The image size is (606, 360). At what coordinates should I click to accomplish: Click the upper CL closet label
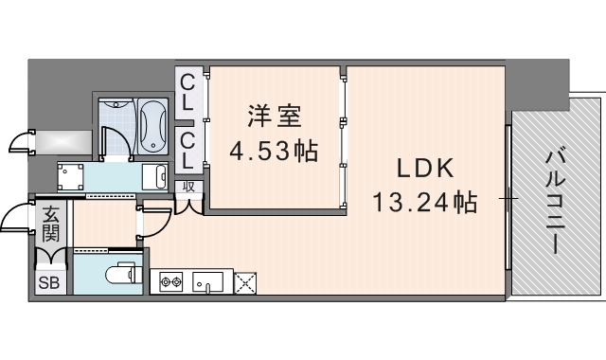187,92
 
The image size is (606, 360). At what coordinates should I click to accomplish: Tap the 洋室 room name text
275,117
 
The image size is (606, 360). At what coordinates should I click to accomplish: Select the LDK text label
426,169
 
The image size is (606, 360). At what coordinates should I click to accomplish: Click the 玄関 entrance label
49,224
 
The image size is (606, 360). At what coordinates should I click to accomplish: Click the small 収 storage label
188,187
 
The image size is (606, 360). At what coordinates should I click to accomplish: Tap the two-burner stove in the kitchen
170,281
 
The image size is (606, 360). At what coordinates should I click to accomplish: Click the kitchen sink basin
208,281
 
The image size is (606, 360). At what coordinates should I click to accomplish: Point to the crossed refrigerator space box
245,281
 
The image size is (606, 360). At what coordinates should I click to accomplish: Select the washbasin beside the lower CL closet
152,176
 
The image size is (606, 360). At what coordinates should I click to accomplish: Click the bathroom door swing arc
114,140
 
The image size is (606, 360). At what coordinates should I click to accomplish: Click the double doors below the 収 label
188,203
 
